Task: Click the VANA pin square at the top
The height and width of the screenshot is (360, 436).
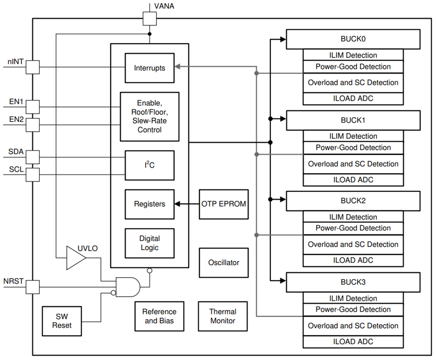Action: point(149,18)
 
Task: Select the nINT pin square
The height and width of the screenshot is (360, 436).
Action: point(33,67)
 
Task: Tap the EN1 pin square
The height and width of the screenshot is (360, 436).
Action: point(33,107)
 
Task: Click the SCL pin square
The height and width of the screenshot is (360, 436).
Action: point(33,174)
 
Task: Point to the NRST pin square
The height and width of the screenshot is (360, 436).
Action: point(33,287)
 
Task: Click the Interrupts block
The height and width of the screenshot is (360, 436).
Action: point(149,68)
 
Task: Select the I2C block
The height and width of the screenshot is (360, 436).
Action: point(149,165)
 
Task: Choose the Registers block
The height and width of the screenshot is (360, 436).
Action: point(149,204)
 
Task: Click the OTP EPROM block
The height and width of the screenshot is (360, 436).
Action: point(224,204)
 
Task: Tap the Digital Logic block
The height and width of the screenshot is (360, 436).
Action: point(149,243)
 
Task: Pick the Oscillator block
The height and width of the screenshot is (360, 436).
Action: point(224,262)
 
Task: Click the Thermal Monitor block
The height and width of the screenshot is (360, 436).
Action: point(223,316)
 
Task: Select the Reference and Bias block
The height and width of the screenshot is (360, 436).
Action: point(159,316)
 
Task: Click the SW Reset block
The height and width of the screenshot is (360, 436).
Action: point(62,321)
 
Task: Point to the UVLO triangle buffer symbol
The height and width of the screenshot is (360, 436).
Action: point(75,258)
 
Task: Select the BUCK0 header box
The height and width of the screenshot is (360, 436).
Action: point(353,39)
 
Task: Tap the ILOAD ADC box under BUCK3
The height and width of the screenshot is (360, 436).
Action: point(353,341)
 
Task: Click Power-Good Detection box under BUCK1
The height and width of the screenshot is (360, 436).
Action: point(353,147)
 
